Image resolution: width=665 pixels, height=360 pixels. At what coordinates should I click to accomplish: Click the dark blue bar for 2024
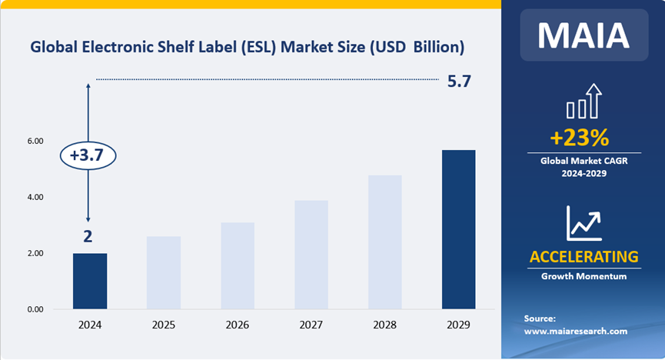(x=90, y=281)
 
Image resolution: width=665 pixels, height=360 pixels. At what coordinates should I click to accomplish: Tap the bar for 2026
(x=238, y=265)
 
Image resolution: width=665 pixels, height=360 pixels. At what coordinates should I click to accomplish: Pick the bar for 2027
(x=311, y=255)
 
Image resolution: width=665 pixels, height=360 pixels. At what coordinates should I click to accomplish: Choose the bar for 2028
(x=385, y=242)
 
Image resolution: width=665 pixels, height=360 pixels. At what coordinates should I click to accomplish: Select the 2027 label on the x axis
(x=311, y=325)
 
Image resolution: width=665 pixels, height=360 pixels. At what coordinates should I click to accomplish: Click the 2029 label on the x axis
(x=459, y=325)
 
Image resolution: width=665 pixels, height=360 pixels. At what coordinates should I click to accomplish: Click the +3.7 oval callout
(x=88, y=155)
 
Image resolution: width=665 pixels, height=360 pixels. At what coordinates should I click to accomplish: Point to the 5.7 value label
(x=459, y=80)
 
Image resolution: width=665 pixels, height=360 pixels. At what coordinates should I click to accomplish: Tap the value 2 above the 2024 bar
(x=88, y=237)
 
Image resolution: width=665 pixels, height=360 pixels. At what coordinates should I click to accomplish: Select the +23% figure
(x=580, y=138)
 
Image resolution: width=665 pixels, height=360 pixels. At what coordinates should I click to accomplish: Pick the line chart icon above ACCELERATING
(x=583, y=222)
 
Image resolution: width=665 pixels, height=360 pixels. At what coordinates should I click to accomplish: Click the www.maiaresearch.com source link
(x=576, y=332)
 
